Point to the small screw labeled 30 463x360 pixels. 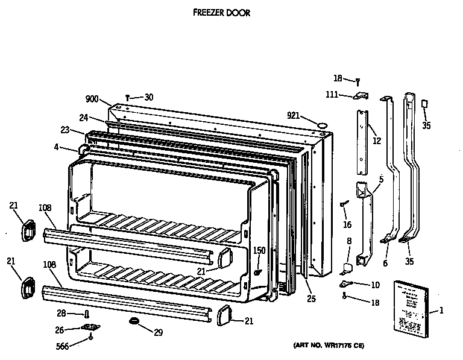point(128,97)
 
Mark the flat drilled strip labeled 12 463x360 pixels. point(362,136)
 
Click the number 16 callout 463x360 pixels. point(347,224)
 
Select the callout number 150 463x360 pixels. point(259,250)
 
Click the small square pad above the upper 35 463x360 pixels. point(426,104)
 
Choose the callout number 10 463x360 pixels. point(375,284)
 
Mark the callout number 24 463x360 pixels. point(84,118)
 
